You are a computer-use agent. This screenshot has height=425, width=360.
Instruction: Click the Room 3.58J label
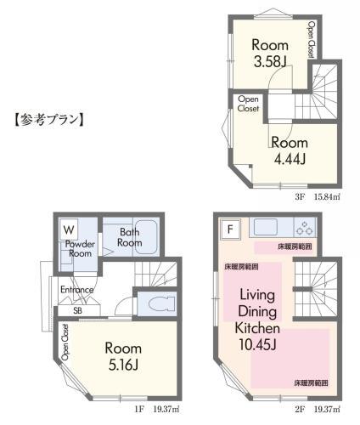coord(270,54)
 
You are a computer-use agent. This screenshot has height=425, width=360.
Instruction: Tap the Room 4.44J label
coord(290,151)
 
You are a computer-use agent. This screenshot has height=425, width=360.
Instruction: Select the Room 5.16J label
coord(123,356)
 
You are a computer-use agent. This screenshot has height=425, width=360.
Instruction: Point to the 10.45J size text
coord(257,345)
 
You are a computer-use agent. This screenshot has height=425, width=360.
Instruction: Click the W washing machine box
coord(69,229)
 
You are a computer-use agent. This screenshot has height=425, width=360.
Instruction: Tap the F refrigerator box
coord(231,229)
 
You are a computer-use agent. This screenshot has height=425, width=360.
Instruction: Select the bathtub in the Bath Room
coord(146,237)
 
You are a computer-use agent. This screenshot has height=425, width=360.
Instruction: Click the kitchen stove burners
coord(305,229)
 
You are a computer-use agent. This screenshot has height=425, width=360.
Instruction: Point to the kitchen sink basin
coord(266,227)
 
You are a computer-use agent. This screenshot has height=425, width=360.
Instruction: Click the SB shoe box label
coord(77,310)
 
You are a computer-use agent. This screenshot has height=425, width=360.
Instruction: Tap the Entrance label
coord(77,290)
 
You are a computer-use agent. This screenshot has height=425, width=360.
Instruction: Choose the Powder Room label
coord(80,248)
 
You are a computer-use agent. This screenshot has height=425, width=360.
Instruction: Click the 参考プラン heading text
coord(49,120)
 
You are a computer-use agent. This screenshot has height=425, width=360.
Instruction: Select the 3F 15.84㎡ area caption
coord(318,196)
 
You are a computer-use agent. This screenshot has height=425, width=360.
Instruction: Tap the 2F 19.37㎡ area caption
coord(318,409)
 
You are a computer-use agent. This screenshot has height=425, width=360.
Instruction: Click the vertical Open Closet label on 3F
coord(312,40)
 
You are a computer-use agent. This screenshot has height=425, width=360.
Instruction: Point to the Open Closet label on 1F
coord(65,342)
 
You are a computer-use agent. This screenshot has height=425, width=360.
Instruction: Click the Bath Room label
coord(130,237)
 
